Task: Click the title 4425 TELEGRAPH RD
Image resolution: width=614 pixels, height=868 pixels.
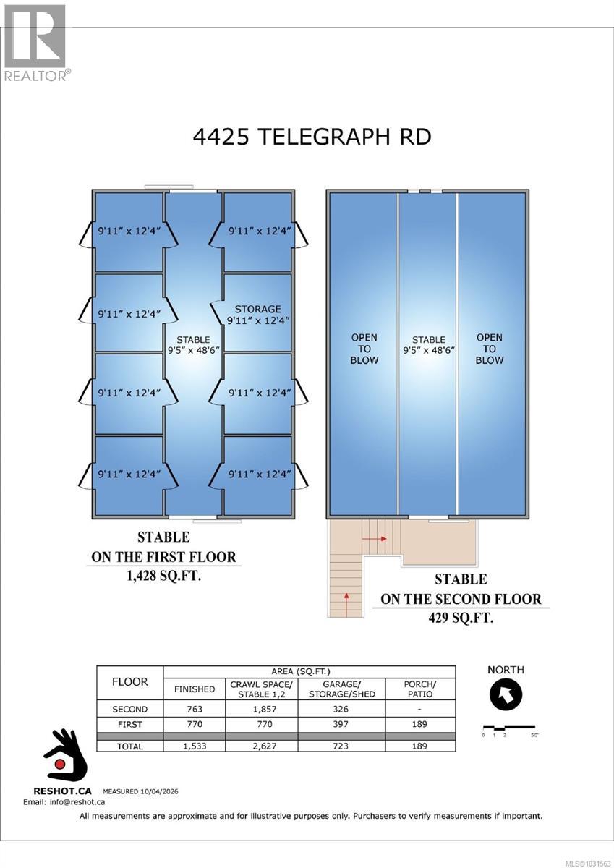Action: [312, 136]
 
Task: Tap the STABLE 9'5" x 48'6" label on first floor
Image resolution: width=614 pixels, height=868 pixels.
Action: [193, 344]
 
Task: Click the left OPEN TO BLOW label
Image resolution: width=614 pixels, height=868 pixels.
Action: [364, 349]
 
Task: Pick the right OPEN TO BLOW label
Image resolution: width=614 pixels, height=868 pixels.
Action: [490, 349]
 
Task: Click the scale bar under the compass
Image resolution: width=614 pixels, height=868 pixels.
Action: [509, 726]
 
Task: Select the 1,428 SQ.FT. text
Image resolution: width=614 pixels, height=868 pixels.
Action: [163, 576]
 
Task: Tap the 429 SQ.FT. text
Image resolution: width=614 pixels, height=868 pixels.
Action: [461, 618]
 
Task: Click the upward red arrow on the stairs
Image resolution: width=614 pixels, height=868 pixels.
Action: [346, 596]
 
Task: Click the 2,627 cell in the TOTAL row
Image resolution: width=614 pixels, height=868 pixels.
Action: [261, 746]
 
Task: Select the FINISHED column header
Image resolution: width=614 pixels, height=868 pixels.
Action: [195, 689]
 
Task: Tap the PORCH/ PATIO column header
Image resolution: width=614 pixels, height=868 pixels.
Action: [419, 689]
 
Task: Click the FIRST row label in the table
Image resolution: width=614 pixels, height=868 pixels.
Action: [130, 724]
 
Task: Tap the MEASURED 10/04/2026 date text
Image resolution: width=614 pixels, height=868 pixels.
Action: [141, 791]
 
